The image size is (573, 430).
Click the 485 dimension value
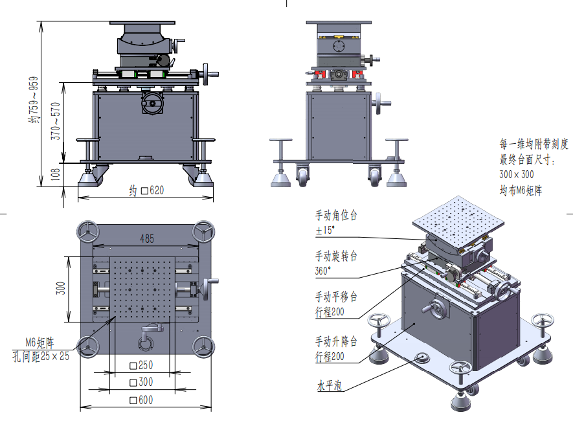coord(147,238)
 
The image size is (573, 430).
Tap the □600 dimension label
coord(141,400)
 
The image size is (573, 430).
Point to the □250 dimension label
coord(141,365)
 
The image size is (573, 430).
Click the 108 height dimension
coord(56,174)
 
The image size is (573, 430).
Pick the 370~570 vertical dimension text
coord(56,122)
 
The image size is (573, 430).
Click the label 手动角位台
coord(336,214)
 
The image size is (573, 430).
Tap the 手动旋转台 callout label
coord(336,256)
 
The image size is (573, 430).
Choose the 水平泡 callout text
coord(329,387)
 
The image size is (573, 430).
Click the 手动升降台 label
coord(336,341)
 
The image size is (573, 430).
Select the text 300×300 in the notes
coord(517,174)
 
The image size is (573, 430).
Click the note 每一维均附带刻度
coord(534,144)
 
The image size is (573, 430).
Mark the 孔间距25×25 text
coord(41,354)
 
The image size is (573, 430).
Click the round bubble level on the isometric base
coord(421,357)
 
